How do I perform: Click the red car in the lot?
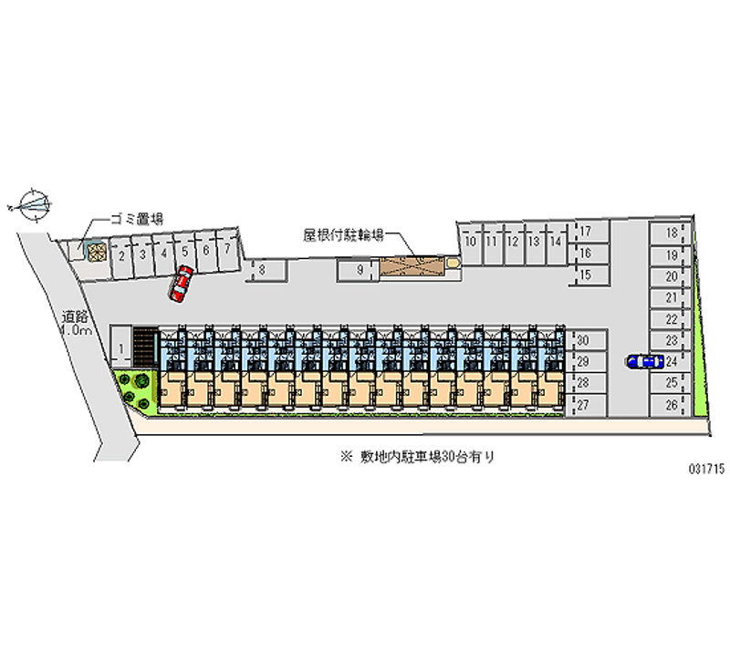(181, 284)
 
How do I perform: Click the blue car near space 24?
(645, 361)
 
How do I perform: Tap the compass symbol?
(33, 203)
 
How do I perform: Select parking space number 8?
(262, 269)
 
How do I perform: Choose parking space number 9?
(361, 269)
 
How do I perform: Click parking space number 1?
(120, 346)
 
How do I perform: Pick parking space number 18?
(671, 233)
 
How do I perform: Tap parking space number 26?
(671, 406)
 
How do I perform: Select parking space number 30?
(583, 340)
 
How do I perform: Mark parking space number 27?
(583, 405)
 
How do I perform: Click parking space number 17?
(586, 231)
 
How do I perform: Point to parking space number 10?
(470, 242)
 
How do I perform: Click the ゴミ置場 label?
(137, 219)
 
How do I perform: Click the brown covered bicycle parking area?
(412, 265)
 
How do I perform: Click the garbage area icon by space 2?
(95, 249)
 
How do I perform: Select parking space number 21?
(671, 297)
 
